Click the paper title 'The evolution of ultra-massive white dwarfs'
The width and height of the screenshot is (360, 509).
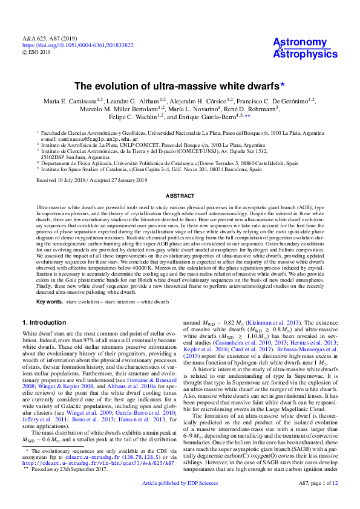pos(180,86)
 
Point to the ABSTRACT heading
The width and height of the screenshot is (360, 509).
pos(180,196)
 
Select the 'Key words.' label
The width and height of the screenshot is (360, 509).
pos(49,301)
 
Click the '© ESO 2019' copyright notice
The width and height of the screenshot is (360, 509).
pos(36,52)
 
